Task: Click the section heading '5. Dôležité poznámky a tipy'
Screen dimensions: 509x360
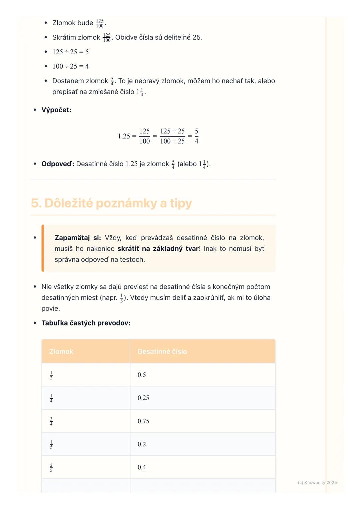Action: [111, 203]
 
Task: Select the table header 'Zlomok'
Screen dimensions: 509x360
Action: [61, 351]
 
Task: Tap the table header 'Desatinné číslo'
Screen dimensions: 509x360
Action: [162, 351]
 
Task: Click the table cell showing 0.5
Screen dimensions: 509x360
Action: [142, 375]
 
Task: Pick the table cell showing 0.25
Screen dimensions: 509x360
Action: [143, 398]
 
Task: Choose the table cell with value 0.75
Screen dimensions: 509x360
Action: [143, 421]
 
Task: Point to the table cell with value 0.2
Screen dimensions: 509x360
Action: [142, 444]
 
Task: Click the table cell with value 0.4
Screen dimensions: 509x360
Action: [142, 467]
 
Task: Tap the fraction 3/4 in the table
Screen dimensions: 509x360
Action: [51, 421]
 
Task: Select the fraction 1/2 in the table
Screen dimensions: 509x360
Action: [51, 375]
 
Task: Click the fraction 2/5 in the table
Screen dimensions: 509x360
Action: [51, 467]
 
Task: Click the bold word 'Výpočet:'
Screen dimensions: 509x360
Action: [56, 110]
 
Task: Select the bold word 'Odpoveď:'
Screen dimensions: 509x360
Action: [58, 164]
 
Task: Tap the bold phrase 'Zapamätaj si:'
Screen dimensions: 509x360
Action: [78, 238]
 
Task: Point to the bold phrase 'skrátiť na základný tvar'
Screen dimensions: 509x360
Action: [158, 249]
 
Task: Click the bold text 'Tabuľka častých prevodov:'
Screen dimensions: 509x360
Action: [86, 323]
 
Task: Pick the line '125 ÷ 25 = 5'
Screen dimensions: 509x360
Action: [70, 52]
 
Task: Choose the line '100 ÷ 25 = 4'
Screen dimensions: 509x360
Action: [70, 66]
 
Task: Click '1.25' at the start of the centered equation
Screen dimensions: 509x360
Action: [124, 136]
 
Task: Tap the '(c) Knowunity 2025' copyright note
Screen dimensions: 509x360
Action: [317, 482]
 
